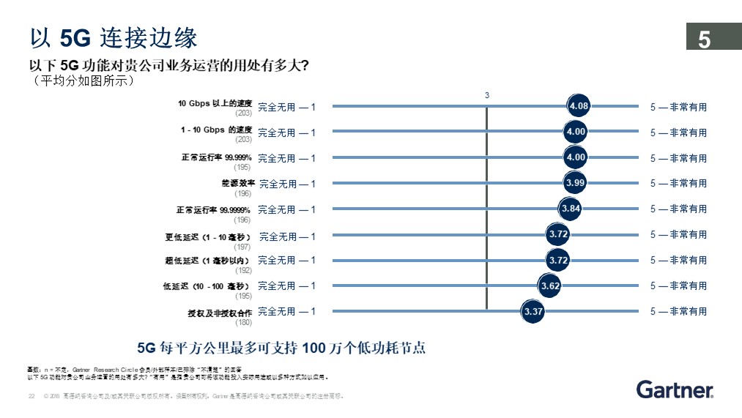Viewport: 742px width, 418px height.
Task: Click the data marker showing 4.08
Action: [x=579, y=106]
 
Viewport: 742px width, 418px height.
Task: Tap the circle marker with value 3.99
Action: [x=576, y=182]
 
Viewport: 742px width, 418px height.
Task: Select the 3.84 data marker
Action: [x=571, y=209]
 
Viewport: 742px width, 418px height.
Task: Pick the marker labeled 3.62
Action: [x=550, y=285]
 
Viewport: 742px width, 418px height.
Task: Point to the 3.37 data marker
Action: [x=533, y=312]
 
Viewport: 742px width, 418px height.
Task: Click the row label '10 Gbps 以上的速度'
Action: [x=215, y=104]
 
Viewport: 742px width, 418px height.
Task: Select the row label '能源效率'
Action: [x=238, y=183]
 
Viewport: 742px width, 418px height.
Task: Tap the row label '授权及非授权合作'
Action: [x=220, y=313]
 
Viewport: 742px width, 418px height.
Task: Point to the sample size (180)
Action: [x=243, y=322]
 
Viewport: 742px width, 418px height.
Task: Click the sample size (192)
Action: [x=243, y=270]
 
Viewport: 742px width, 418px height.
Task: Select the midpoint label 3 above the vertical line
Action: [x=487, y=95]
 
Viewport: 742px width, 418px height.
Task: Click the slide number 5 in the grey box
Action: [x=705, y=40]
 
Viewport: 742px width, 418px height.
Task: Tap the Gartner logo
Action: [x=675, y=389]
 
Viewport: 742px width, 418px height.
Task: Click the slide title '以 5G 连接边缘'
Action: [x=112, y=37]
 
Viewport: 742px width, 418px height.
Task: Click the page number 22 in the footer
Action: [x=31, y=396]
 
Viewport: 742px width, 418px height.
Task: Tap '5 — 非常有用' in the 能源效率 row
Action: [x=678, y=183]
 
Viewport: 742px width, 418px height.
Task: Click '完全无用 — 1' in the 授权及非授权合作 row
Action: [x=287, y=312]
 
